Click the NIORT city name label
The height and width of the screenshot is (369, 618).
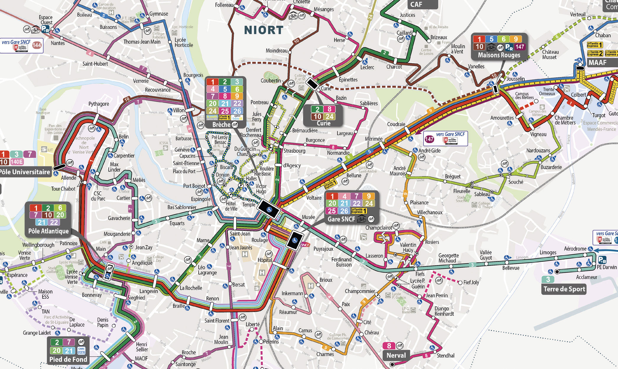[x=264, y=30]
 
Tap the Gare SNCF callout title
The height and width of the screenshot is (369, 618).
[x=341, y=219]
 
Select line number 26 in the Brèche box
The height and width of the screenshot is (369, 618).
[x=237, y=111]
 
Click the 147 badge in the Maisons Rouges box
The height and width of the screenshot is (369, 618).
[x=520, y=47]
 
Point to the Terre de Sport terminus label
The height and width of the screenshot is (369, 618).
[x=564, y=289]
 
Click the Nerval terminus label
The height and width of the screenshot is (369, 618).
[x=396, y=355]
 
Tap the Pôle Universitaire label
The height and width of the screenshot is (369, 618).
[x=25, y=172]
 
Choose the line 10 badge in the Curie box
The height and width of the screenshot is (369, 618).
[x=317, y=117]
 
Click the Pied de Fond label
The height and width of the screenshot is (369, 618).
[x=68, y=359]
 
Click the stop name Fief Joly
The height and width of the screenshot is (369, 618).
[x=471, y=282]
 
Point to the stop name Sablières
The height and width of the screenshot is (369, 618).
[x=369, y=103]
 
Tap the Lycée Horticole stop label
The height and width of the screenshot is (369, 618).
[x=184, y=43]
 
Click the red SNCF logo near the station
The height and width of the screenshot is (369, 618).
[x=305, y=245]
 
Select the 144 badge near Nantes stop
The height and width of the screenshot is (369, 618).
[x=37, y=45]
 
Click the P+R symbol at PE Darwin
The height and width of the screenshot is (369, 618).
[x=602, y=260]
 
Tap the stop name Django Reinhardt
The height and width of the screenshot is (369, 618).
[x=444, y=311]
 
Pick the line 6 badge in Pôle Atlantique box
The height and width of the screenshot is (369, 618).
[x=60, y=208]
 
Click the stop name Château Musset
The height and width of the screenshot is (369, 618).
[x=550, y=54]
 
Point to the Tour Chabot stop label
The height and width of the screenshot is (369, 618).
[x=63, y=189]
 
